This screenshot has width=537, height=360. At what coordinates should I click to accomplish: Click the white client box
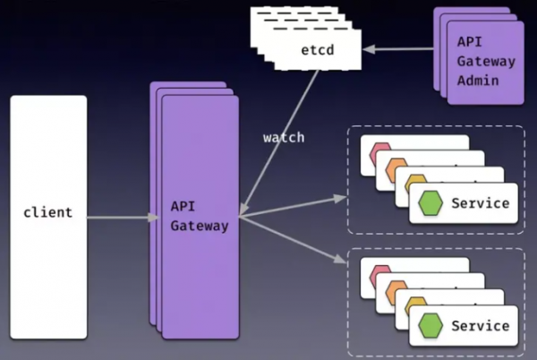click(48, 269)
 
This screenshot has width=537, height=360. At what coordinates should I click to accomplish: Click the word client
click(48, 213)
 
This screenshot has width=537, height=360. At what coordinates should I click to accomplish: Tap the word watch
click(283, 137)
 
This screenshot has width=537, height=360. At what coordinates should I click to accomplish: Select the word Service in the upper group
click(481, 202)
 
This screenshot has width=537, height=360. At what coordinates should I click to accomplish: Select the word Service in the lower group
click(481, 324)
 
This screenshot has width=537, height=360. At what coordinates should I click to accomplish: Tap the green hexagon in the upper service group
click(430, 203)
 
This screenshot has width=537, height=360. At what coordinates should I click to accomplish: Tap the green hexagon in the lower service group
click(430, 325)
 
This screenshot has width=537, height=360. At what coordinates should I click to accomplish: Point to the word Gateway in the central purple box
click(199, 226)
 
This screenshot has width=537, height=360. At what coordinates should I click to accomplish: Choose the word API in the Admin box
click(469, 41)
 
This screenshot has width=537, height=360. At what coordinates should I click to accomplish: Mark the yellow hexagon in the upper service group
click(414, 184)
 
